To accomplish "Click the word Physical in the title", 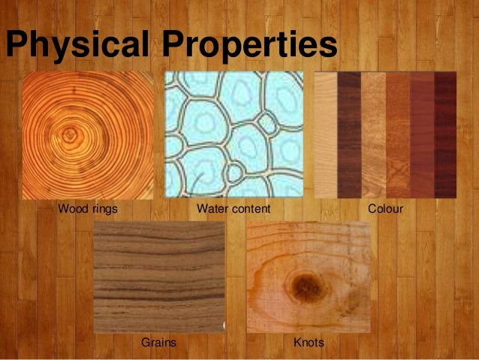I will (79, 45).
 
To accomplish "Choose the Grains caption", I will (158, 343).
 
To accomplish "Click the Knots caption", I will (309, 343).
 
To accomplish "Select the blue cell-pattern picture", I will (233, 135).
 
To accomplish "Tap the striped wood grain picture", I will (158, 277).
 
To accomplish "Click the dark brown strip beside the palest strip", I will (348, 135).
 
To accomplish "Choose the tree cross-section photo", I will (87, 135).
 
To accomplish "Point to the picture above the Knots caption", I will (309, 277).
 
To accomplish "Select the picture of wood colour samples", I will (384, 135).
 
